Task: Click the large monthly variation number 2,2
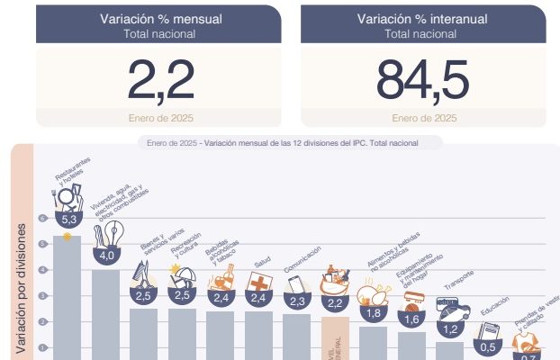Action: (161, 80)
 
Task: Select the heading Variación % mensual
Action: (161, 18)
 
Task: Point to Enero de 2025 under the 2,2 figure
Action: (161, 118)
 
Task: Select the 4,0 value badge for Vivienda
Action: (107, 256)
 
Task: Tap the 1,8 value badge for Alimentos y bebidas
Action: (374, 312)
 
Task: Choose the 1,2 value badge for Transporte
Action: (449, 330)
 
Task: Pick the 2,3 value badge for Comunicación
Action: (297, 301)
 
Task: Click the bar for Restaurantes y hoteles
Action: (68, 297)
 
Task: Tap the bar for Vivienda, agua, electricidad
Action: (106, 315)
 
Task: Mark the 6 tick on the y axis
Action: (41, 218)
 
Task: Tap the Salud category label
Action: (262, 262)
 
